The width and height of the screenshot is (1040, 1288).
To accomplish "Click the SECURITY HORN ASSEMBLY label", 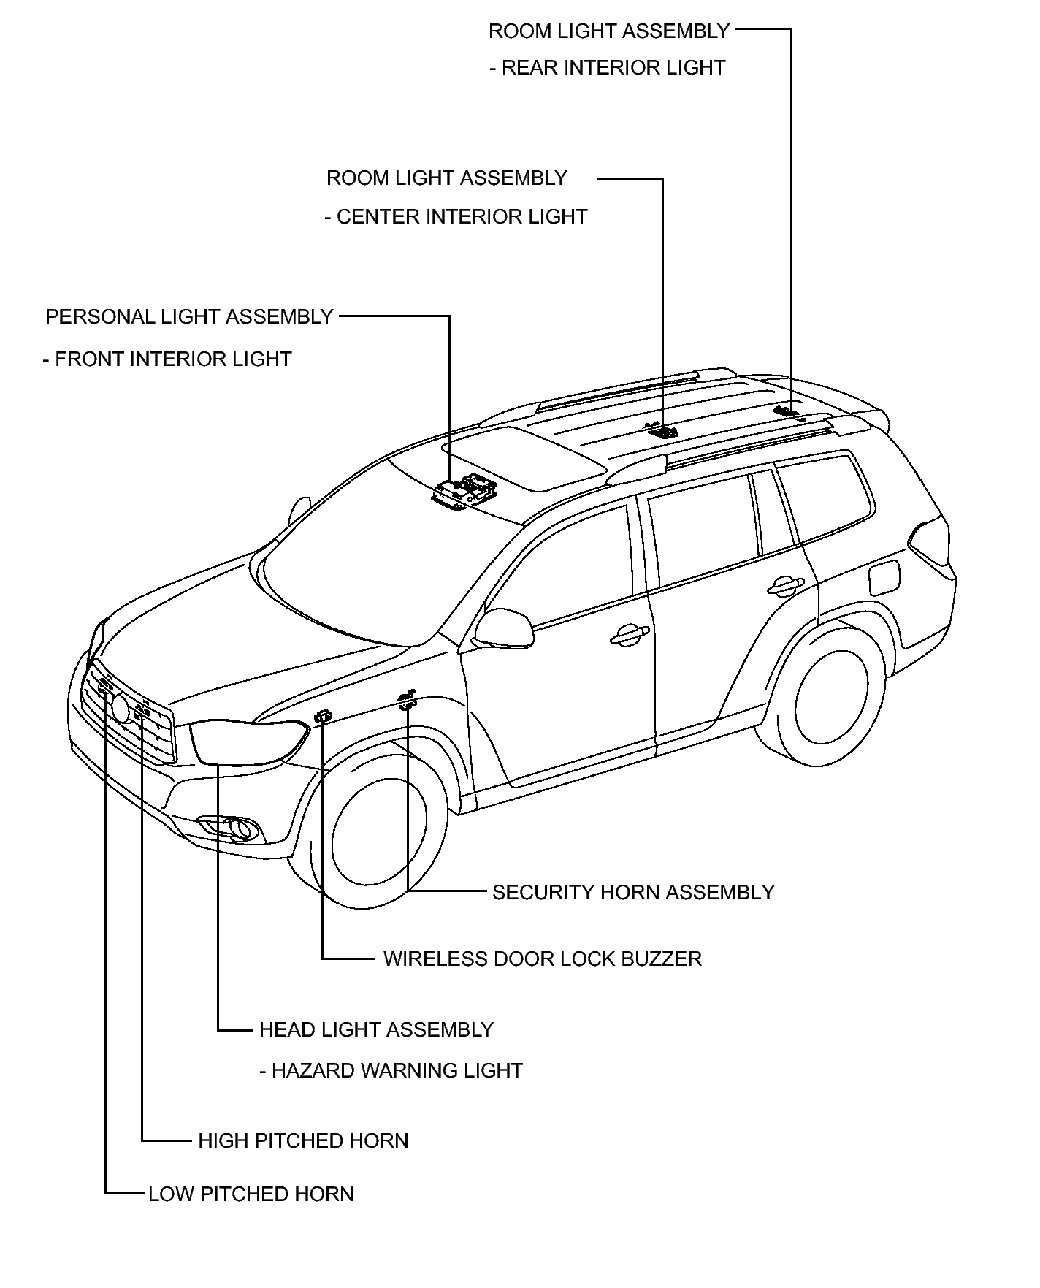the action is point(633,892).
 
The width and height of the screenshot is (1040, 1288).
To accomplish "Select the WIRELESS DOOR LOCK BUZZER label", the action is point(543,959).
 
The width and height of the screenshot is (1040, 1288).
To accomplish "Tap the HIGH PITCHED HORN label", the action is point(303,1140).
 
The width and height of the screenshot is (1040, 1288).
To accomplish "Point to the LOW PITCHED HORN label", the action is point(251,1194).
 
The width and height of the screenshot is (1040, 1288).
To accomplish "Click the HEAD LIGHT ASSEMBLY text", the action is point(376,1029).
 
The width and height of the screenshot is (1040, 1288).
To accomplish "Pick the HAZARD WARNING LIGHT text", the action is point(397,1071).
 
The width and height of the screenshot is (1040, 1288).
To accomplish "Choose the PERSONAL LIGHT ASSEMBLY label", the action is point(189,316).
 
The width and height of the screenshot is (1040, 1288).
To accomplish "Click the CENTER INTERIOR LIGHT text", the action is point(462,217).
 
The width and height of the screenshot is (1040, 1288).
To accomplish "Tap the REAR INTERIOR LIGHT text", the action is point(613,68).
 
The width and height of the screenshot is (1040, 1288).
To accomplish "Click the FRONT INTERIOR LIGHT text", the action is point(173,359).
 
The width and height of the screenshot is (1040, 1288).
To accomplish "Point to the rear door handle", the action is point(786,584).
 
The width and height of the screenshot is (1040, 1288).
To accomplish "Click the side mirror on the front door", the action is point(504,628).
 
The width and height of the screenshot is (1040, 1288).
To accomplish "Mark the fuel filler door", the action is point(884,577).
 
